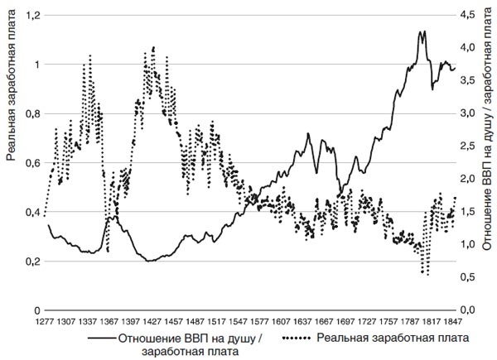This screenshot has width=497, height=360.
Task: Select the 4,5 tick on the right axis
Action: pyautogui.click(x=470, y=15)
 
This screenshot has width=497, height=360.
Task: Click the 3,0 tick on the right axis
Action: pyautogui.click(x=470, y=113)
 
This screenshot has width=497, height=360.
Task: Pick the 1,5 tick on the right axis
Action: pyautogui.click(x=470, y=212)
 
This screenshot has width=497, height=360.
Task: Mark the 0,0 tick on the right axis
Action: pyautogui.click(x=470, y=310)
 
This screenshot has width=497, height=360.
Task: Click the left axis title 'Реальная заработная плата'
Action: pyautogui.click(x=12, y=91)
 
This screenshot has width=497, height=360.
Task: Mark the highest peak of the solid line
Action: pyautogui.click(x=423, y=31)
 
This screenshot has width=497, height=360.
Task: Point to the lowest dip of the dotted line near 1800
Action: pyautogui.click(x=427, y=273)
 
